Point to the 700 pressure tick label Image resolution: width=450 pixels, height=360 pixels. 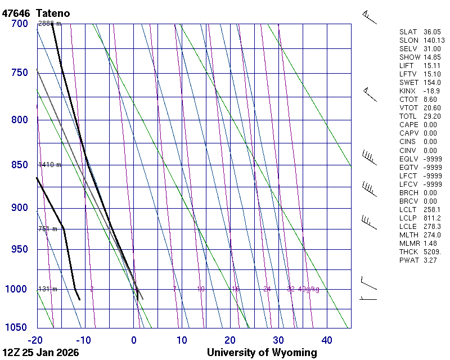click(x=19, y=24)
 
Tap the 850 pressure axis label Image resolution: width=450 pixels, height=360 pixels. click(x=19, y=165)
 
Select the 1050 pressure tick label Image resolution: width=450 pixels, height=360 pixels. click(x=16, y=328)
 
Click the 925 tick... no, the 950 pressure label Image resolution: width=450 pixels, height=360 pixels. click(x=19, y=249)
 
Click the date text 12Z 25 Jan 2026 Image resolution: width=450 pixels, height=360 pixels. click(x=40, y=353)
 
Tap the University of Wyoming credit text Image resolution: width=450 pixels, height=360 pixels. click(x=262, y=353)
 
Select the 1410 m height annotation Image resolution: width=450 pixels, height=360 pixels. click(x=49, y=165)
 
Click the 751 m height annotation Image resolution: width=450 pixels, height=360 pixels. click(x=48, y=229)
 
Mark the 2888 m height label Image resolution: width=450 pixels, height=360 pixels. click(x=49, y=24)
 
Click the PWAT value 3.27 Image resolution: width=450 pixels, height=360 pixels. click(x=430, y=260)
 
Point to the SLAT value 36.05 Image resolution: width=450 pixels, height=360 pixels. click(x=432, y=32)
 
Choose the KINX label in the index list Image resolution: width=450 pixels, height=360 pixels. click(x=407, y=91)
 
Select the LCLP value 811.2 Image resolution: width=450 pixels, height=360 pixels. click(x=432, y=218)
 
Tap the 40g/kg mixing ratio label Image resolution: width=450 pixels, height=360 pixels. click(x=309, y=289)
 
